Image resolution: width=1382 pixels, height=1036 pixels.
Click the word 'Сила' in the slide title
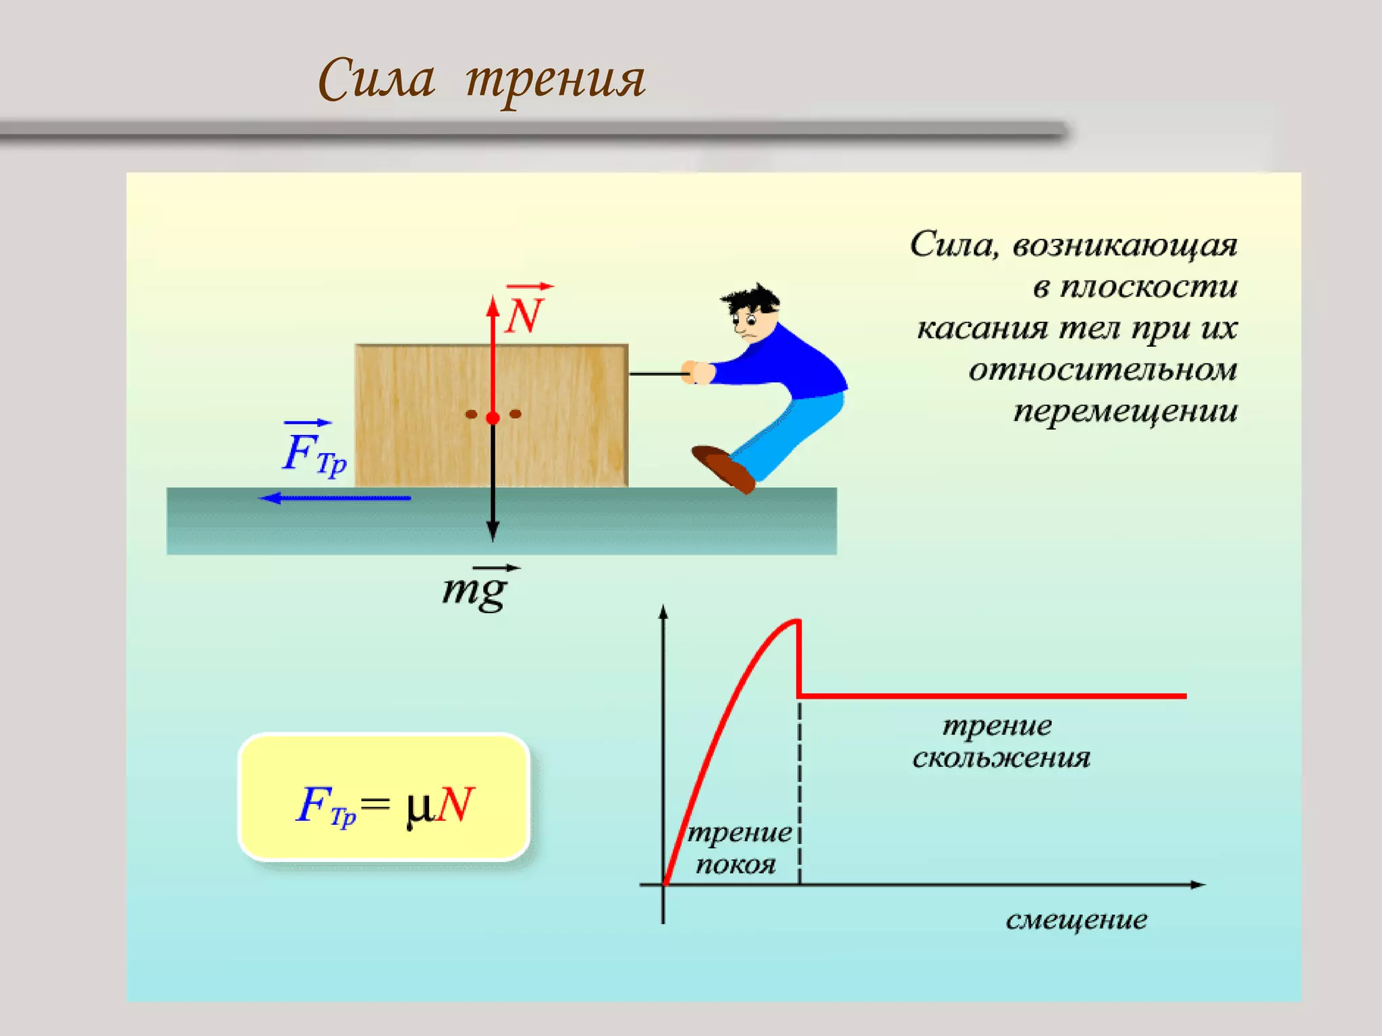[376, 80]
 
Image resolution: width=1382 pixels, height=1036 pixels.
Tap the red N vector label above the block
[524, 315]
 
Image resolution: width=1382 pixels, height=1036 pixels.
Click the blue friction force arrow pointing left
[335, 498]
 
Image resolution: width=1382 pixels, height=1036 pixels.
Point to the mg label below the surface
[475, 590]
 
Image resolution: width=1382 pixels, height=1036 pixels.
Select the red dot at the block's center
[493, 418]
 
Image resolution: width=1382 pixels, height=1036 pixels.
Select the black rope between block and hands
[655, 373]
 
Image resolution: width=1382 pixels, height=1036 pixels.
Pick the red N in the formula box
[456, 804]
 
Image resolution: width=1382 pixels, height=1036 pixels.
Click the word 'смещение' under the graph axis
[1076, 920]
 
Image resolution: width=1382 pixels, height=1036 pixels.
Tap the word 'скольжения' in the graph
[1001, 758]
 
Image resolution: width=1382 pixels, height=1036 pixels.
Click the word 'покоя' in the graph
[736, 864]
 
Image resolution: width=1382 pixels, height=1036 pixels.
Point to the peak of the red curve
[796, 621]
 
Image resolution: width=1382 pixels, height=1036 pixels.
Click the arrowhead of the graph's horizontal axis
[1198, 884]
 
